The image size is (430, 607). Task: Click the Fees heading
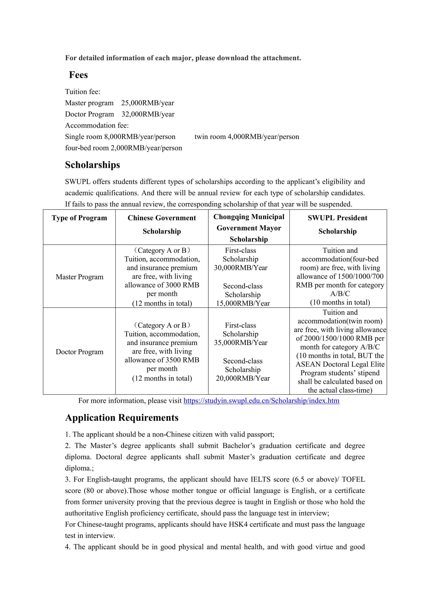tap(78, 75)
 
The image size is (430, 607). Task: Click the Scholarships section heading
tap(92, 165)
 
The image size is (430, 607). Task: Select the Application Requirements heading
tap(122, 418)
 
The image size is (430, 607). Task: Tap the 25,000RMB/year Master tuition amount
tap(147, 103)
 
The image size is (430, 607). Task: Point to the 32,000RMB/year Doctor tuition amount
tap(148, 114)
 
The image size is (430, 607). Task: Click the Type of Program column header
tap(79, 218)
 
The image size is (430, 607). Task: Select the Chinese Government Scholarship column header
tap(162, 224)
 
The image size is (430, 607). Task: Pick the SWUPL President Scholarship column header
tap(337, 224)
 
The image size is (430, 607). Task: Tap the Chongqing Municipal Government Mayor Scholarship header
tap(249, 228)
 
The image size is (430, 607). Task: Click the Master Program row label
tap(79, 277)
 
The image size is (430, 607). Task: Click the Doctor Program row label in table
tap(79, 352)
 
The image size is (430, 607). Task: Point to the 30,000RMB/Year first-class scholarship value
tap(240, 268)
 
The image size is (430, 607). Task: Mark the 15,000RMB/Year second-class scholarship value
tap(243, 303)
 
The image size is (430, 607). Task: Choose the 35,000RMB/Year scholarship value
tap(240, 343)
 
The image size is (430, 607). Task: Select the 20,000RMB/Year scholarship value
tap(243, 378)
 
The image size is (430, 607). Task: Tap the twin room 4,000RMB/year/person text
tap(246, 137)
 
